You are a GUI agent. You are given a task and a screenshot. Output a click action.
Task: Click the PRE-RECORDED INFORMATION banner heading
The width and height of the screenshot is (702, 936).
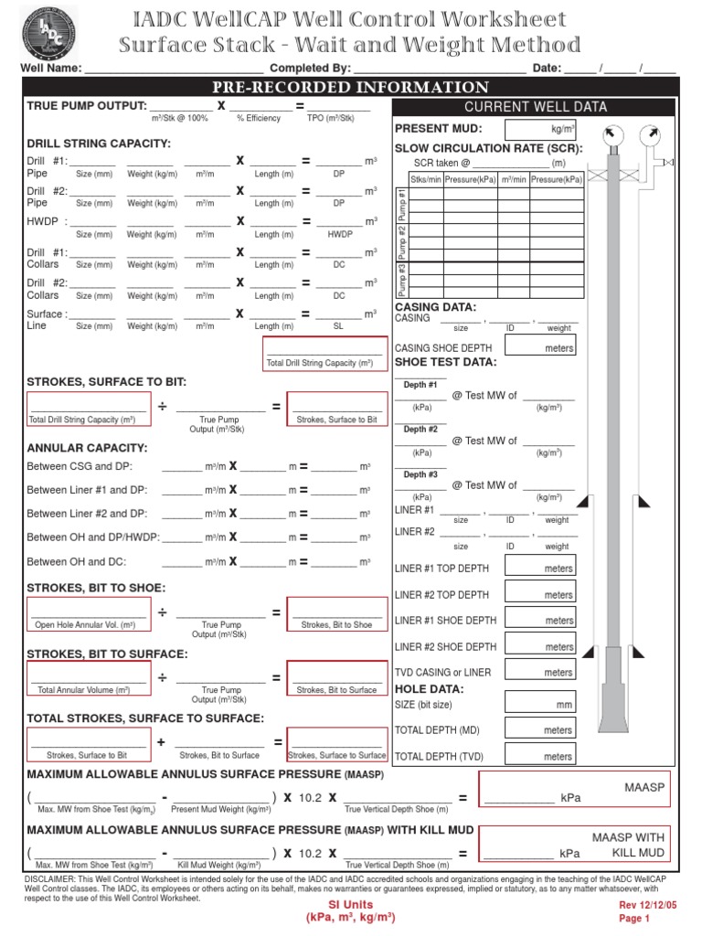tap(351, 87)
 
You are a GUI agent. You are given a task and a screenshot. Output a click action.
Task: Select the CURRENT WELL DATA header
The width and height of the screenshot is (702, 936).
tap(536, 106)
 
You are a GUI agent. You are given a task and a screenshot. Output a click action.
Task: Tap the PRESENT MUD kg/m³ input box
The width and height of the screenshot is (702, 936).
tap(540, 130)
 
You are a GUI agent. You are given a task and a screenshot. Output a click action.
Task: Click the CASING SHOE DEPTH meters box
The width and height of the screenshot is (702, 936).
tap(540, 346)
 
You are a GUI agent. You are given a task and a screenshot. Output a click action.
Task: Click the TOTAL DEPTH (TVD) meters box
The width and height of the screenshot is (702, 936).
tap(540, 754)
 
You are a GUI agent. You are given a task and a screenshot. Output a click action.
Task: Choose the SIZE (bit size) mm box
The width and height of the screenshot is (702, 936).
tap(540, 704)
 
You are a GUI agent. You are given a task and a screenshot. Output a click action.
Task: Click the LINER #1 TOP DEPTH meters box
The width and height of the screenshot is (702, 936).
tap(540, 567)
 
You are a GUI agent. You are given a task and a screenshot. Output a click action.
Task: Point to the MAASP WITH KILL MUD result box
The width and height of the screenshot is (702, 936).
tap(577, 844)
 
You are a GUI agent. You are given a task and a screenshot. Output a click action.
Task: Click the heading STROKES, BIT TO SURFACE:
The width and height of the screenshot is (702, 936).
tap(107, 654)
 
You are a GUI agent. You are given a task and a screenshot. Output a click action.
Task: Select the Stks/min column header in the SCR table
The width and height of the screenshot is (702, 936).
tap(425, 180)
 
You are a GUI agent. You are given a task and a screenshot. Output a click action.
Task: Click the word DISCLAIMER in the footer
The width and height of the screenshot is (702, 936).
tap(50, 878)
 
